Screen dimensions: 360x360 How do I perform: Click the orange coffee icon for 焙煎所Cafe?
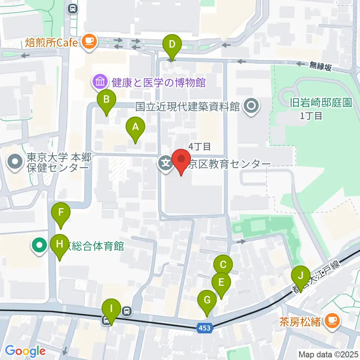[x=89, y=41]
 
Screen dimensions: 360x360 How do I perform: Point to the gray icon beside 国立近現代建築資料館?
[x=250, y=107]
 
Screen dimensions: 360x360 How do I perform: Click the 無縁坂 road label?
[x=320, y=67]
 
